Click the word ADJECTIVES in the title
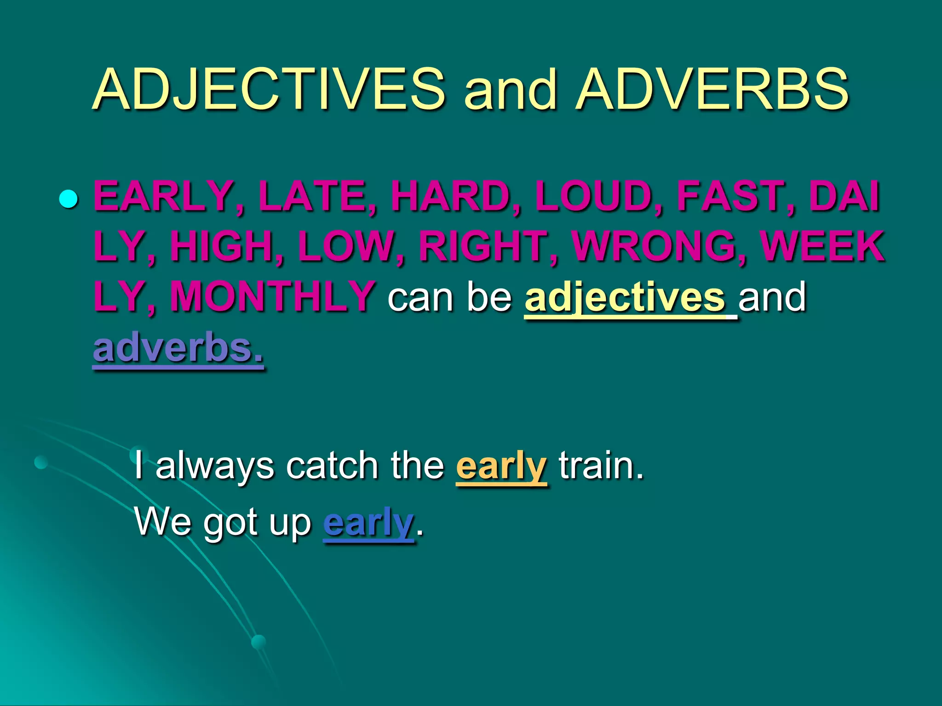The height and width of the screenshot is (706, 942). (x=269, y=90)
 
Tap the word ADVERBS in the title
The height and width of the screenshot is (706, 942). (x=712, y=90)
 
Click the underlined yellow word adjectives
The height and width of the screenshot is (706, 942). (x=625, y=298)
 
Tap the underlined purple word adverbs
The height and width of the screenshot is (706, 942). (x=178, y=348)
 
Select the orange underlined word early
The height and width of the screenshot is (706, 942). (x=501, y=467)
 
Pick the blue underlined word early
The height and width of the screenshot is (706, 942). (x=368, y=523)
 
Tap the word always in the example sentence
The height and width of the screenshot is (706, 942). (x=215, y=467)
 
